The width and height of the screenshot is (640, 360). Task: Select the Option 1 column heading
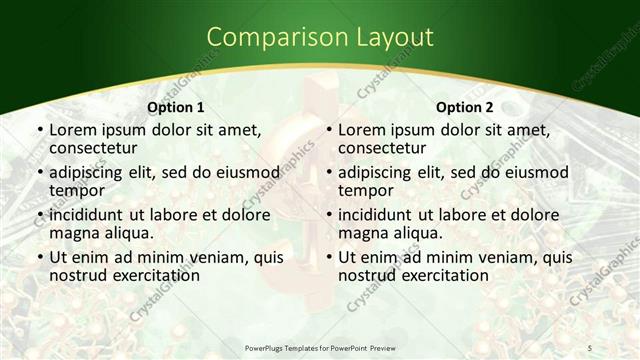175,107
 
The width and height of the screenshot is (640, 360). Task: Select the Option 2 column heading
464,107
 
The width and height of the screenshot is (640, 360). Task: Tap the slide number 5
590,347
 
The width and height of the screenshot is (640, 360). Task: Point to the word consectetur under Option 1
96,149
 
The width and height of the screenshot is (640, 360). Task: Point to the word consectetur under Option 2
385,149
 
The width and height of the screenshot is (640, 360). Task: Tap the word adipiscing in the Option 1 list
91,172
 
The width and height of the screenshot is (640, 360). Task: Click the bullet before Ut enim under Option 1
39,258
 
